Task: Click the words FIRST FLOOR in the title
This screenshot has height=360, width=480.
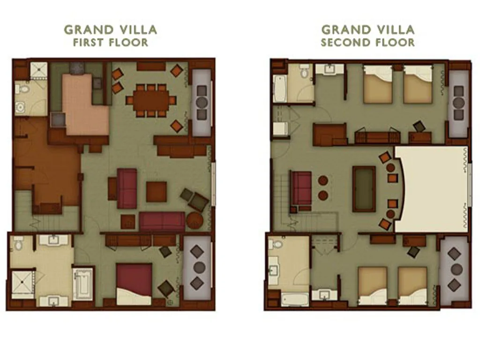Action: [x=110, y=42]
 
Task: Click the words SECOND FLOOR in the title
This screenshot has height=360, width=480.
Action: [x=367, y=42]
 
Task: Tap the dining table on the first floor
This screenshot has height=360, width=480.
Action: [x=151, y=100]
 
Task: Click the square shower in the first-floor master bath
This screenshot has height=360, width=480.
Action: [x=22, y=284]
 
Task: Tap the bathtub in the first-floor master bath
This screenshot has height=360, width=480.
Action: [x=83, y=283]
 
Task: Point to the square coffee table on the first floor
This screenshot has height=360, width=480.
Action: [x=156, y=192]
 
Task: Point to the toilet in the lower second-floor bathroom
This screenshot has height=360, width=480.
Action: [x=277, y=245]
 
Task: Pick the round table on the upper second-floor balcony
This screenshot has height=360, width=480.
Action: [x=459, y=103]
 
